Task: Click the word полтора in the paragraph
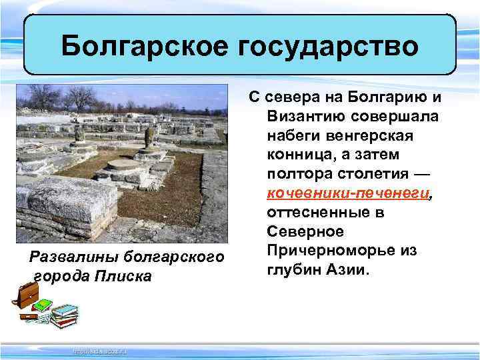tap(298, 175)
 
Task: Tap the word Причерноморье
tap(342, 251)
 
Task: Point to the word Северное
tap(306, 233)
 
